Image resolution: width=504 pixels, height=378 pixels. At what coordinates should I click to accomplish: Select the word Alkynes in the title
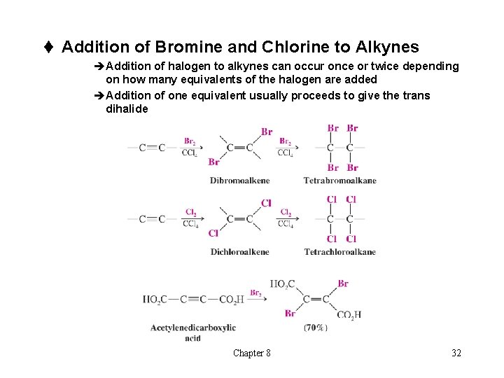coord(387,47)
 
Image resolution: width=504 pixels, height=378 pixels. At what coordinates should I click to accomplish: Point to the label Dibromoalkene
coord(239,181)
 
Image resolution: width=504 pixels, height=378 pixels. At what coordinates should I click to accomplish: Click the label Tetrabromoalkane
coord(339,181)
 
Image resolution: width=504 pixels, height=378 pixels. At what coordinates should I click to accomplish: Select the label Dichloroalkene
coord(239,252)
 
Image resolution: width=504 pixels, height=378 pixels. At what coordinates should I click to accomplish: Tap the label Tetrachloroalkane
coord(339,252)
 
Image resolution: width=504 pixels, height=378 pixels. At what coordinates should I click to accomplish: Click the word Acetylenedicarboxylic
coord(193,328)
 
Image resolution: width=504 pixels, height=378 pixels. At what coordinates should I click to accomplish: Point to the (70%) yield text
coord(316,328)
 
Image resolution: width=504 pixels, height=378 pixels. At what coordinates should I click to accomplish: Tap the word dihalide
coord(127,108)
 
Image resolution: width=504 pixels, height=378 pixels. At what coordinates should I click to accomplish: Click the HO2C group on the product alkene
coord(282,284)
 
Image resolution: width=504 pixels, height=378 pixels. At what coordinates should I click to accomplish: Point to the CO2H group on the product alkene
coord(349,315)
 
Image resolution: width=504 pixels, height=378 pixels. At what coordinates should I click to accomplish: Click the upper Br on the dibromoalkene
coord(266,132)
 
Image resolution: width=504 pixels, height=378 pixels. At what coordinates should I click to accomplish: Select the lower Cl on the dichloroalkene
coord(213,234)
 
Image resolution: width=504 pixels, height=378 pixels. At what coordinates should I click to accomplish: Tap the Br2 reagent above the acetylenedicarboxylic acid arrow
coord(256,293)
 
